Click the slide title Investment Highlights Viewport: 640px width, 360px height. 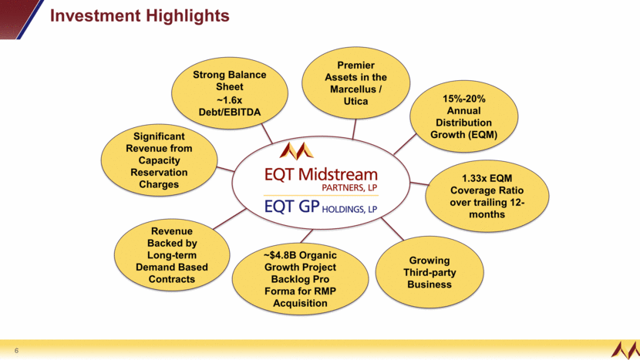point(140,15)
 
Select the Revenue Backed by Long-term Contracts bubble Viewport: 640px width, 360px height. point(172,254)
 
